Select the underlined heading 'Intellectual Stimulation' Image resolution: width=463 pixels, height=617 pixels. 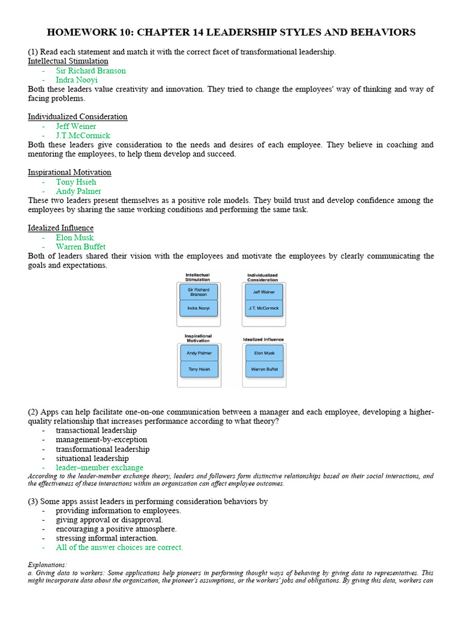pyautogui.click(x=68, y=61)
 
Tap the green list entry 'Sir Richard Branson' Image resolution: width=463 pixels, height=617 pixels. pyautogui.click(x=91, y=70)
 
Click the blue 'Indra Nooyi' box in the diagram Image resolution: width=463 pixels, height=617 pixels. pyautogui.click(x=198, y=308)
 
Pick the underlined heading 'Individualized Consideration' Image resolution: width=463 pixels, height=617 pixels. pyautogui.click(x=77, y=116)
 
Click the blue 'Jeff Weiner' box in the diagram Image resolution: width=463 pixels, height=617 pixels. pyautogui.click(x=263, y=292)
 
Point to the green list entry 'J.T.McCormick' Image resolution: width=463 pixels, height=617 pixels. pyautogui.click(x=83, y=136)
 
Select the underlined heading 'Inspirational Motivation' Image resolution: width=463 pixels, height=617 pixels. pyautogui.click(x=69, y=172)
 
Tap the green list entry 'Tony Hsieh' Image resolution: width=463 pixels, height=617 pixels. pyautogui.click(x=76, y=182)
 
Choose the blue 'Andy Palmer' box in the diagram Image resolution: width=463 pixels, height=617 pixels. pyautogui.click(x=198, y=353)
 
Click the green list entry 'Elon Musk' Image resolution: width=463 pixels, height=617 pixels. pyautogui.click(x=75, y=237)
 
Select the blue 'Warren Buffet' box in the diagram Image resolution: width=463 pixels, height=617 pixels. pyautogui.click(x=263, y=369)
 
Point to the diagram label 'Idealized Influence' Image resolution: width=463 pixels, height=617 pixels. pyautogui.click(x=263, y=339)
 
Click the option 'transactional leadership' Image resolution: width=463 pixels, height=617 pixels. pyautogui.click(x=96, y=430)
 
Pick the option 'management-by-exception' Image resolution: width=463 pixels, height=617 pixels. pyautogui.click(x=101, y=440)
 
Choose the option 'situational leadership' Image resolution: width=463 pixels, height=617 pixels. pyautogui.click(x=92, y=459)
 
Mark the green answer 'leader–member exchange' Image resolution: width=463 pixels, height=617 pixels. pyautogui.click(x=99, y=468)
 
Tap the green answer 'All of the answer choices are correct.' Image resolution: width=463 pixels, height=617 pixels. pyautogui.click(x=119, y=547)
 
